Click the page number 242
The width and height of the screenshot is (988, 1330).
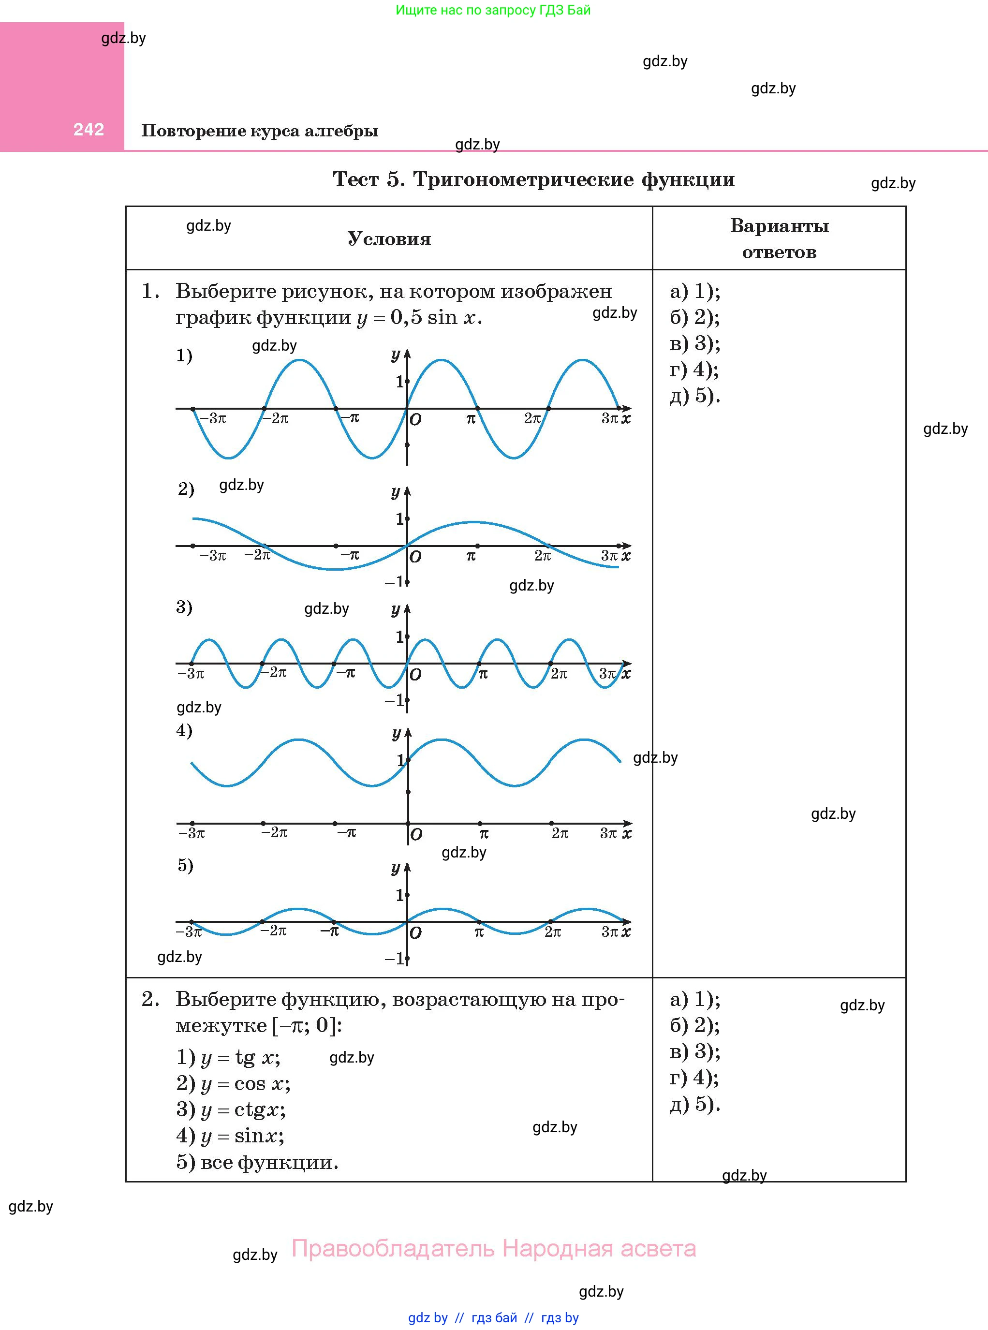tap(88, 129)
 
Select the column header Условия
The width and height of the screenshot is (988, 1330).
tap(389, 239)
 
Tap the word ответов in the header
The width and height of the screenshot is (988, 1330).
tap(779, 252)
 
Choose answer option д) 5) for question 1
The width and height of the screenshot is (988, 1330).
tap(694, 396)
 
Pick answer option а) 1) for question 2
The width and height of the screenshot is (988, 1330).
tap(694, 999)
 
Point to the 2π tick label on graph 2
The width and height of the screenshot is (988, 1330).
tap(543, 556)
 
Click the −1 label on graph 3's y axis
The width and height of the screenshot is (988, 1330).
tap(394, 700)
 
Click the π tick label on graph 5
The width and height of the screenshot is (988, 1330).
tap(479, 931)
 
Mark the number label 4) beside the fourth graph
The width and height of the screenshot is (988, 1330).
tap(184, 730)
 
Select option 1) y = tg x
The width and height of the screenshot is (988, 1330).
tap(228, 1057)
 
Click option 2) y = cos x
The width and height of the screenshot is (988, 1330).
tap(233, 1084)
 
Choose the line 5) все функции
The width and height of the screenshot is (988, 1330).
tap(257, 1162)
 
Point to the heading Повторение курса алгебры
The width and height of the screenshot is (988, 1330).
tap(260, 131)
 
